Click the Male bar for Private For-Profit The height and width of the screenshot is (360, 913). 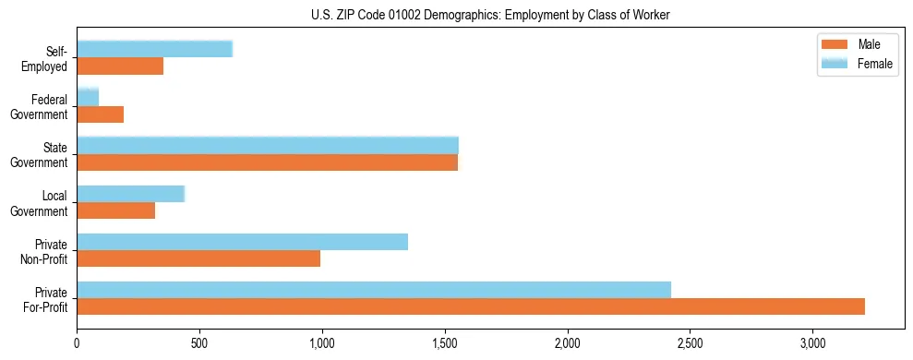click(471, 306)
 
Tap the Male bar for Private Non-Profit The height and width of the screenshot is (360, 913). click(198, 258)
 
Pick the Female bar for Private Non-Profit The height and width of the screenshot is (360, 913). click(242, 242)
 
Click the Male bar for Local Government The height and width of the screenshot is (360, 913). click(116, 210)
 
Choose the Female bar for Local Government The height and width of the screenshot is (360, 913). click(131, 194)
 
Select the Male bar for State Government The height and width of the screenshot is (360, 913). click(267, 162)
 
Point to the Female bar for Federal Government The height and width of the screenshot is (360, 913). click(88, 97)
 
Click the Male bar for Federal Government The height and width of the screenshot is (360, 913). click(101, 114)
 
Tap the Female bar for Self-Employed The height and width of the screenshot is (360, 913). click(154, 49)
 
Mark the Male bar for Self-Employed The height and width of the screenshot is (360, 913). click(120, 66)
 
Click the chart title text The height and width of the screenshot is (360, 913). click(488, 14)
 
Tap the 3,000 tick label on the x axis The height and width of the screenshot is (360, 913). click(812, 344)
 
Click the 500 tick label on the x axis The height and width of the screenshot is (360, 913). click(199, 344)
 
